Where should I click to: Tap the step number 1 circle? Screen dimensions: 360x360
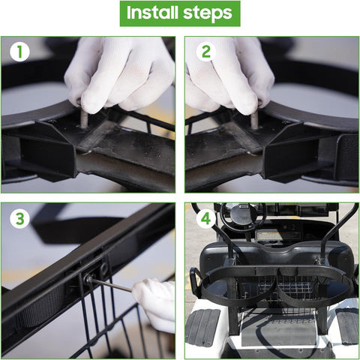point(20,52)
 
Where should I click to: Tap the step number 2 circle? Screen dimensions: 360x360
point(205,52)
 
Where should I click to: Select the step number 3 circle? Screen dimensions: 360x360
point(20,220)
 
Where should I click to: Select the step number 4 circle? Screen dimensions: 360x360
point(205,220)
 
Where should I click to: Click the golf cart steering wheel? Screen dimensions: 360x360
point(241,217)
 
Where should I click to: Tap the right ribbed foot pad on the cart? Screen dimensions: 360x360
point(347,326)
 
